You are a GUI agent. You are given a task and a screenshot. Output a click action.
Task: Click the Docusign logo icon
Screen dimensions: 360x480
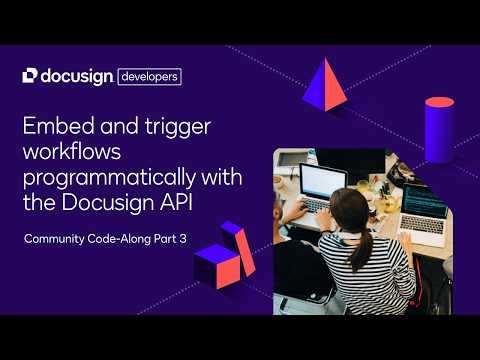tap(29, 75)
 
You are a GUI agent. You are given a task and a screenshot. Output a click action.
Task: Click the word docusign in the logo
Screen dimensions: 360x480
tap(78, 75)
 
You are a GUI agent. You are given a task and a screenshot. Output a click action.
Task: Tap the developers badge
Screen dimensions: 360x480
tap(149, 76)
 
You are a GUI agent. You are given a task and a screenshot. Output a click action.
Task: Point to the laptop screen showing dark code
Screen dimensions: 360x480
tap(425, 205)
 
